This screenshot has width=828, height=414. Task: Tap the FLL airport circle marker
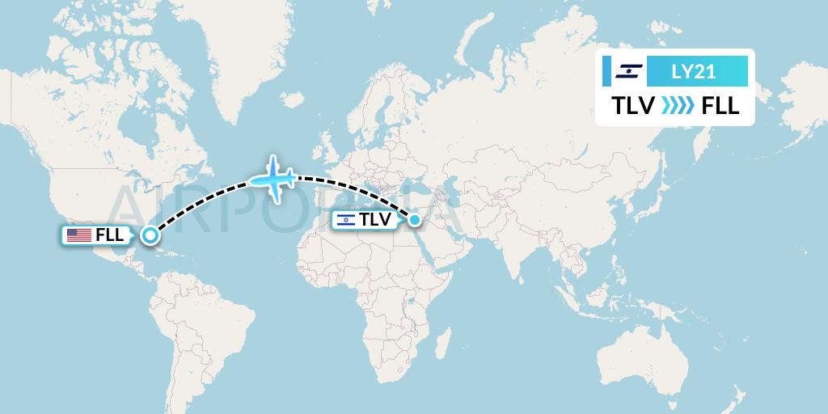pyautogui.click(x=150, y=235)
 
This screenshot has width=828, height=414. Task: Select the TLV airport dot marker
pyautogui.click(x=414, y=219)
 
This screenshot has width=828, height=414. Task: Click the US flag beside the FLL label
pyautogui.click(x=78, y=235)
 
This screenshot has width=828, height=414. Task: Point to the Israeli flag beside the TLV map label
pyautogui.click(x=345, y=219)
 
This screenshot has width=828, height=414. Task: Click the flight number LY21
pyautogui.click(x=693, y=71)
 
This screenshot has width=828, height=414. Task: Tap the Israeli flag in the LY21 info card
pyautogui.click(x=627, y=71)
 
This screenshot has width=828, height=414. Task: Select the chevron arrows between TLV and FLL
pyautogui.click(x=677, y=106)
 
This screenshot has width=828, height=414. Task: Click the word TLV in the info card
pyautogui.click(x=633, y=106)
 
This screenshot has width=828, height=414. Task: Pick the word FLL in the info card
pyautogui.click(x=720, y=106)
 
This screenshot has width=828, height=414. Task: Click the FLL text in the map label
pyautogui.click(x=109, y=235)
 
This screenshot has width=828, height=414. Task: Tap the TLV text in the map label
pyautogui.click(x=374, y=219)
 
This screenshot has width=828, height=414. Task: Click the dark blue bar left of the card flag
pyautogui.click(x=606, y=71)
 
